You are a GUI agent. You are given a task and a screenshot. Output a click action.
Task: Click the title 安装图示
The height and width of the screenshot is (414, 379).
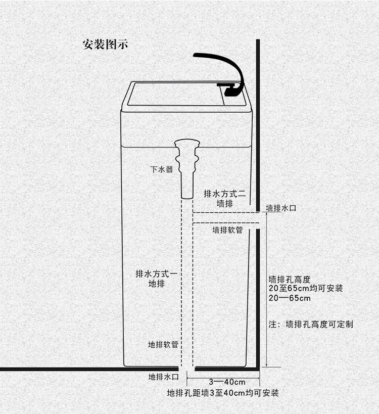(105, 44)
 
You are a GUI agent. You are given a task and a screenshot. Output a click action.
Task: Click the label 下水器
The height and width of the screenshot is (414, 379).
(162, 169)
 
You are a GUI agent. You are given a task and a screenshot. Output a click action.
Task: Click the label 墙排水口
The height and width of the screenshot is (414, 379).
(285, 208)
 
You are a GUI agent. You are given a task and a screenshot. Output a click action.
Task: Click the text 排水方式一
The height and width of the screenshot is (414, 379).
(155, 274)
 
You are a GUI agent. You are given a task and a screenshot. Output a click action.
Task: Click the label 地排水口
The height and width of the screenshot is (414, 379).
(163, 377)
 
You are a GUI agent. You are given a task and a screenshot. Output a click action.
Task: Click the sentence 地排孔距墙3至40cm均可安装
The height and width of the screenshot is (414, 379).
(223, 393)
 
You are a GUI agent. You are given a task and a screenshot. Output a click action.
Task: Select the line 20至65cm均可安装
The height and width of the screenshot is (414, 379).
(306, 288)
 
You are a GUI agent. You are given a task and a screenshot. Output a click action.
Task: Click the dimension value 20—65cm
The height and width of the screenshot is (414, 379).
(290, 298)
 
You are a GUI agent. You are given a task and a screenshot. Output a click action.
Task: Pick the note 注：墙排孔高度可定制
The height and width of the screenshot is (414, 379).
(311, 324)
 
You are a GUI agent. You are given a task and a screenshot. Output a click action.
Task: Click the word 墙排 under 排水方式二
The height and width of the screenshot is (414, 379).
(224, 204)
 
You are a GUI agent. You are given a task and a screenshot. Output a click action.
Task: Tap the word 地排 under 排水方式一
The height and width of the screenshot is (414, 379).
(155, 284)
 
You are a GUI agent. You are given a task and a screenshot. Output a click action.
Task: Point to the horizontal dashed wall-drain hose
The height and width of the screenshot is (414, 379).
(225, 218)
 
